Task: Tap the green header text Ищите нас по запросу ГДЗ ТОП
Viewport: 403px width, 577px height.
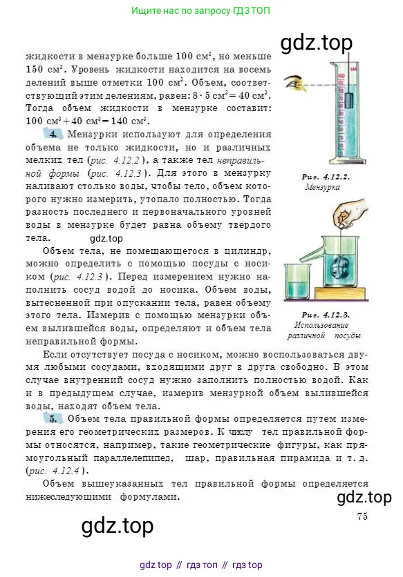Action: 200,10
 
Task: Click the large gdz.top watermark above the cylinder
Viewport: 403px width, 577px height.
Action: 317,43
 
